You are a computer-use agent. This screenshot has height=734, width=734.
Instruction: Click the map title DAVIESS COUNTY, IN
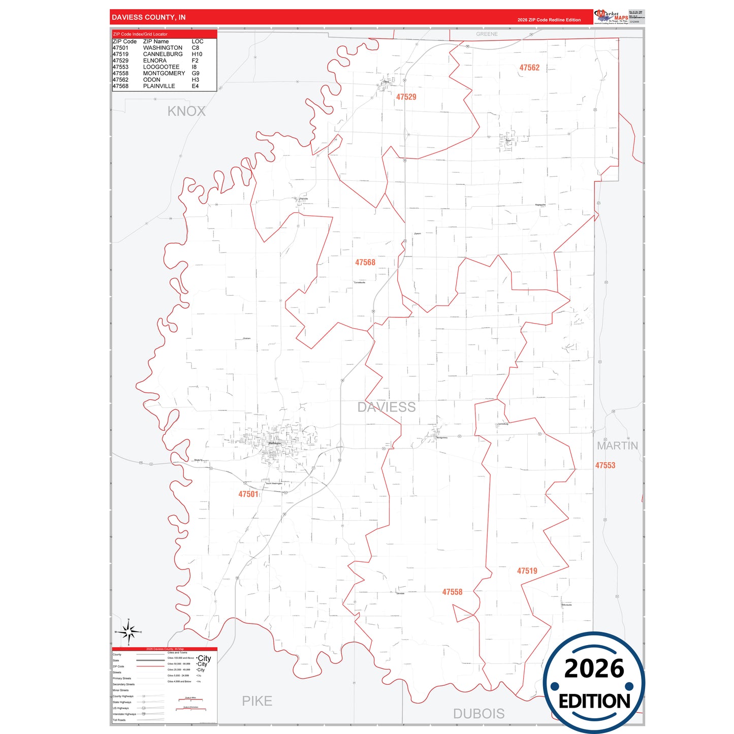click(148, 17)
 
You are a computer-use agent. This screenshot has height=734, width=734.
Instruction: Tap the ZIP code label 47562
click(529, 68)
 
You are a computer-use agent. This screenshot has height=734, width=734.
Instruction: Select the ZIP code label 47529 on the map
click(406, 97)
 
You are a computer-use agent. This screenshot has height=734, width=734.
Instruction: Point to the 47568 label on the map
click(365, 263)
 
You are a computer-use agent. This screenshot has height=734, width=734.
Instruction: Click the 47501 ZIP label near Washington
click(248, 494)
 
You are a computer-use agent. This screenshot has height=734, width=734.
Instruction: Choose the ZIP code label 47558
click(452, 592)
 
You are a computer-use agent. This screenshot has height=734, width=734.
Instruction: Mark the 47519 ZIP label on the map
click(527, 571)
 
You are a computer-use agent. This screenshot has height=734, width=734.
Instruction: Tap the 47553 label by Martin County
click(605, 465)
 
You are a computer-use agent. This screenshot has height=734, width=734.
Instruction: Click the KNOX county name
click(186, 111)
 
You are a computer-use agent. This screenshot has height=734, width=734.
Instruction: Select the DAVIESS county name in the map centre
click(386, 407)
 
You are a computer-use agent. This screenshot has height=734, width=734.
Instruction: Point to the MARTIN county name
click(617, 446)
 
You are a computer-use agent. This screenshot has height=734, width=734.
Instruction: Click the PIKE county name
click(257, 701)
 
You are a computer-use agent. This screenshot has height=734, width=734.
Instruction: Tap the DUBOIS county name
click(478, 714)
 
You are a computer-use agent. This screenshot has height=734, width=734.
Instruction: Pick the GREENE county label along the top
click(487, 34)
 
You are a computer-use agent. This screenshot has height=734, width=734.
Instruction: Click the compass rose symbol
click(129, 632)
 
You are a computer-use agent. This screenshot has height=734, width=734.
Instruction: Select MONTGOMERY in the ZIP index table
click(164, 73)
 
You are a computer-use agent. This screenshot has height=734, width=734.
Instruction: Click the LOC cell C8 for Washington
click(196, 48)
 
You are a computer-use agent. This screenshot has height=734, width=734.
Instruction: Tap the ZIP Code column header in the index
click(124, 42)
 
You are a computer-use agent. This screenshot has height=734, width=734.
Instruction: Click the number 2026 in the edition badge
click(594, 668)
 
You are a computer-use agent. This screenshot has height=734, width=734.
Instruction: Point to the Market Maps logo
click(611, 17)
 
